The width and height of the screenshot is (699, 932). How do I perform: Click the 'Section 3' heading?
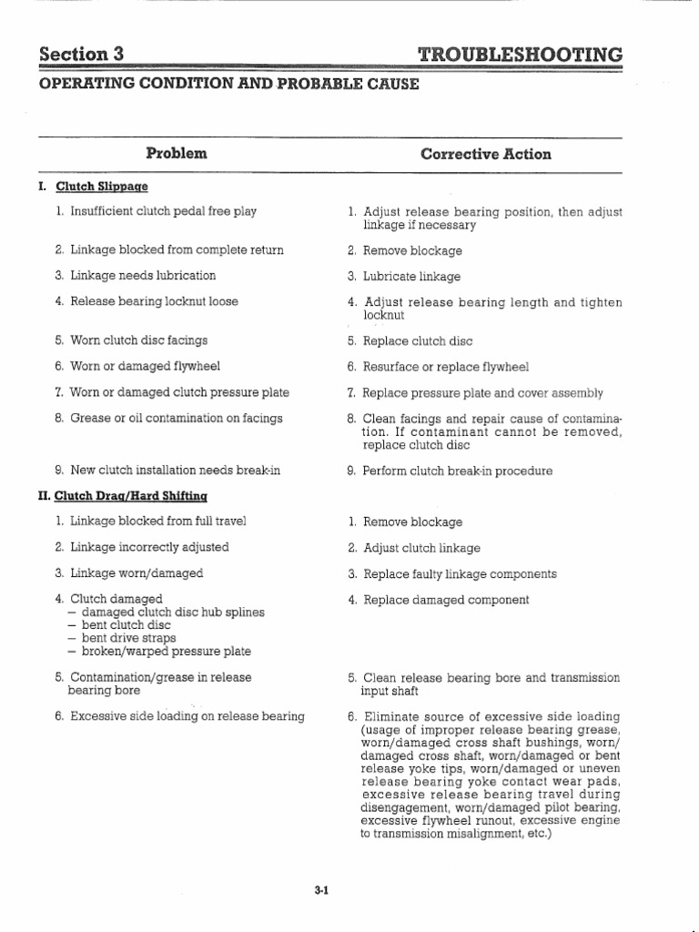coord(81,54)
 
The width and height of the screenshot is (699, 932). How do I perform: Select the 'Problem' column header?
coord(177,154)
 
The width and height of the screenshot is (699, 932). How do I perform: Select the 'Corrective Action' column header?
coord(486,154)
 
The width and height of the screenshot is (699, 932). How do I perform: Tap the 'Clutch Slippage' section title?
coord(101,187)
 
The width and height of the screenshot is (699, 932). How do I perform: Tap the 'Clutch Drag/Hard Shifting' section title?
coord(131,496)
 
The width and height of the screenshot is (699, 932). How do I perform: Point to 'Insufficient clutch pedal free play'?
coord(163,211)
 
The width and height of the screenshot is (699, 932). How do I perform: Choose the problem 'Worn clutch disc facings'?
coord(138,340)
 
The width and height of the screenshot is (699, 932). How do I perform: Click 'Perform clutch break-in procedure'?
coord(457,471)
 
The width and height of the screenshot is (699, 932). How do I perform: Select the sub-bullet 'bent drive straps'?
coord(127,638)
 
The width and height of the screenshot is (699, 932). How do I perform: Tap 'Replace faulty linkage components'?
coord(460,574)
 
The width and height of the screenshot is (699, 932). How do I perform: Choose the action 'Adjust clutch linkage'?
coord(421,549)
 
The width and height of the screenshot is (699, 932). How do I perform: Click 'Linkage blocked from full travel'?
coord(158,522)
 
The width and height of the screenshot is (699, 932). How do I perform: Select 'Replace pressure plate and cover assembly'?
coord(482,393)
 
